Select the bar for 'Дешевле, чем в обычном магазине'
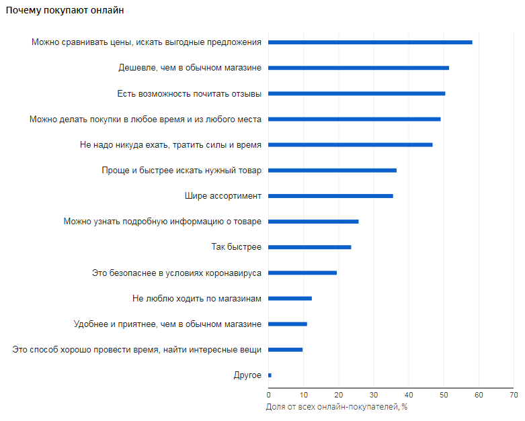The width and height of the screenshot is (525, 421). [358, 68]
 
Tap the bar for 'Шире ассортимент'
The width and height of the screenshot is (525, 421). [331, 196]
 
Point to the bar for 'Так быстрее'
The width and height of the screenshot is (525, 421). [310, 247]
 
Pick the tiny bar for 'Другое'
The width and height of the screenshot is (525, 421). [270, 375]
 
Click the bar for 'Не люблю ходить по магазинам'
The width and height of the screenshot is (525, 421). [290, 298]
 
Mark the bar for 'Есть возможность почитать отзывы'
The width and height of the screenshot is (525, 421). [356, 93]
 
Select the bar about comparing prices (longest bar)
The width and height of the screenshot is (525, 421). [370, 42]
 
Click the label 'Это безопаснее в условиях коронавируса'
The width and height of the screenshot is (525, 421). [177, 273]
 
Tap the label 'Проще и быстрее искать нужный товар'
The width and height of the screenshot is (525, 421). [181, 171]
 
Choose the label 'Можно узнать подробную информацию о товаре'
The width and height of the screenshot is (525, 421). [163, 222]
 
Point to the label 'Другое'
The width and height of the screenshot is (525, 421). [247, 375]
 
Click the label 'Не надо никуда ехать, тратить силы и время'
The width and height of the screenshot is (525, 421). [171, 144]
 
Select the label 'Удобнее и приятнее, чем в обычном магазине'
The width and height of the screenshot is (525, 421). [167, 324]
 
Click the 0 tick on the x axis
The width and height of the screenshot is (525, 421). [269, 395]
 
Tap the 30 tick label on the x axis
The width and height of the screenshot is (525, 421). [373, 395]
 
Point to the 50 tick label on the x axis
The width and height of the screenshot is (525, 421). [444, 395]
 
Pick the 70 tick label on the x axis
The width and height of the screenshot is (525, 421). [513, 395]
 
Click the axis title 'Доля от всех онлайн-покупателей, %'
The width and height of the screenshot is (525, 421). [337, 407]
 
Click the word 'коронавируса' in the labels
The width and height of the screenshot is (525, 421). [235, 273]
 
